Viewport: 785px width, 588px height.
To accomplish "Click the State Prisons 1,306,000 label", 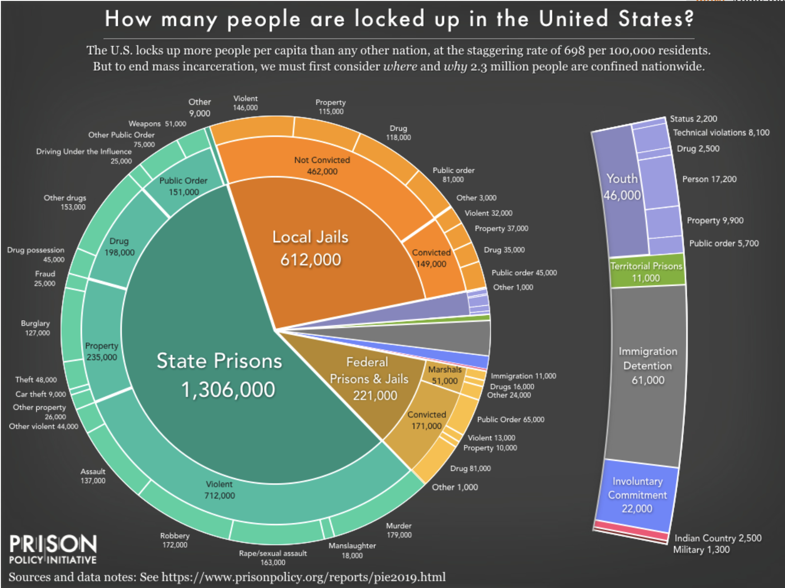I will pos(220,375).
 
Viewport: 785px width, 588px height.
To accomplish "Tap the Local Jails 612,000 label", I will pos(311,248).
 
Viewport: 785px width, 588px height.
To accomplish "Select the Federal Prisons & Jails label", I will pos(369,379).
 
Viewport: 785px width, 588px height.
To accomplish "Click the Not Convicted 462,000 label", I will pos(322,166).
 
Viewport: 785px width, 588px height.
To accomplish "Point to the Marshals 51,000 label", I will pos(445,375).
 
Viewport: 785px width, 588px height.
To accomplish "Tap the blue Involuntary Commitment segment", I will pos(637,495).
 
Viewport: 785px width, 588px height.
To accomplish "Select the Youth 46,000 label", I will pos(622,187).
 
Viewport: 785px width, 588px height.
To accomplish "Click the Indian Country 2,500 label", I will pos(718,538).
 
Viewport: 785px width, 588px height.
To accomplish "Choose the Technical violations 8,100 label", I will pos(721,133).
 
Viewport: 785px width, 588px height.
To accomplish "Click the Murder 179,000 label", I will pos(398,530).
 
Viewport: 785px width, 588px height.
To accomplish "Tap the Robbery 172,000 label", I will pos(175,540).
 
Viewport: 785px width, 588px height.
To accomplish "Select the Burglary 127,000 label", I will pos(36,328).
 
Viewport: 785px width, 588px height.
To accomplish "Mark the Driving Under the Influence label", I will pos(84,152).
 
